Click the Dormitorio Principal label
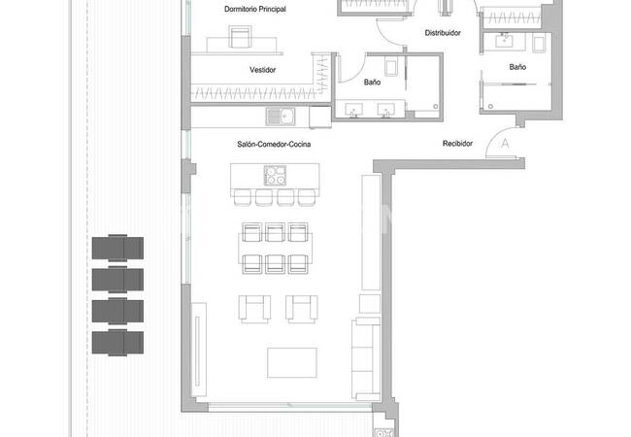[255, 9]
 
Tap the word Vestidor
[262, 70]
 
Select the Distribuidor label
[443, 33]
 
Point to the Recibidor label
[457, 144]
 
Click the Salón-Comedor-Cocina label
[274, 144]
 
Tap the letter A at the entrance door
[505, 143]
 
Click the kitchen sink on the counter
[281, 117]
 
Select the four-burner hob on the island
[275, 176]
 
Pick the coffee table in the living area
[292, 363]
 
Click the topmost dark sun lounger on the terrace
[117, 249]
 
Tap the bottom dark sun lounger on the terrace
[117, 343]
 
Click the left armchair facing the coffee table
[254, 309]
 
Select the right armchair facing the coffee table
[301, 309]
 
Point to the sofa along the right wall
[366, 359]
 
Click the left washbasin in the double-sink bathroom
[353, 110]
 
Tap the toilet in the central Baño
[391, 67]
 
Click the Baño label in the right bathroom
[517, 67]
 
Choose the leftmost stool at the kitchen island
[243, 197]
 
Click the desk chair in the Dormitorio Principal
[240, 36]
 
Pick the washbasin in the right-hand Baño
[504, 41]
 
